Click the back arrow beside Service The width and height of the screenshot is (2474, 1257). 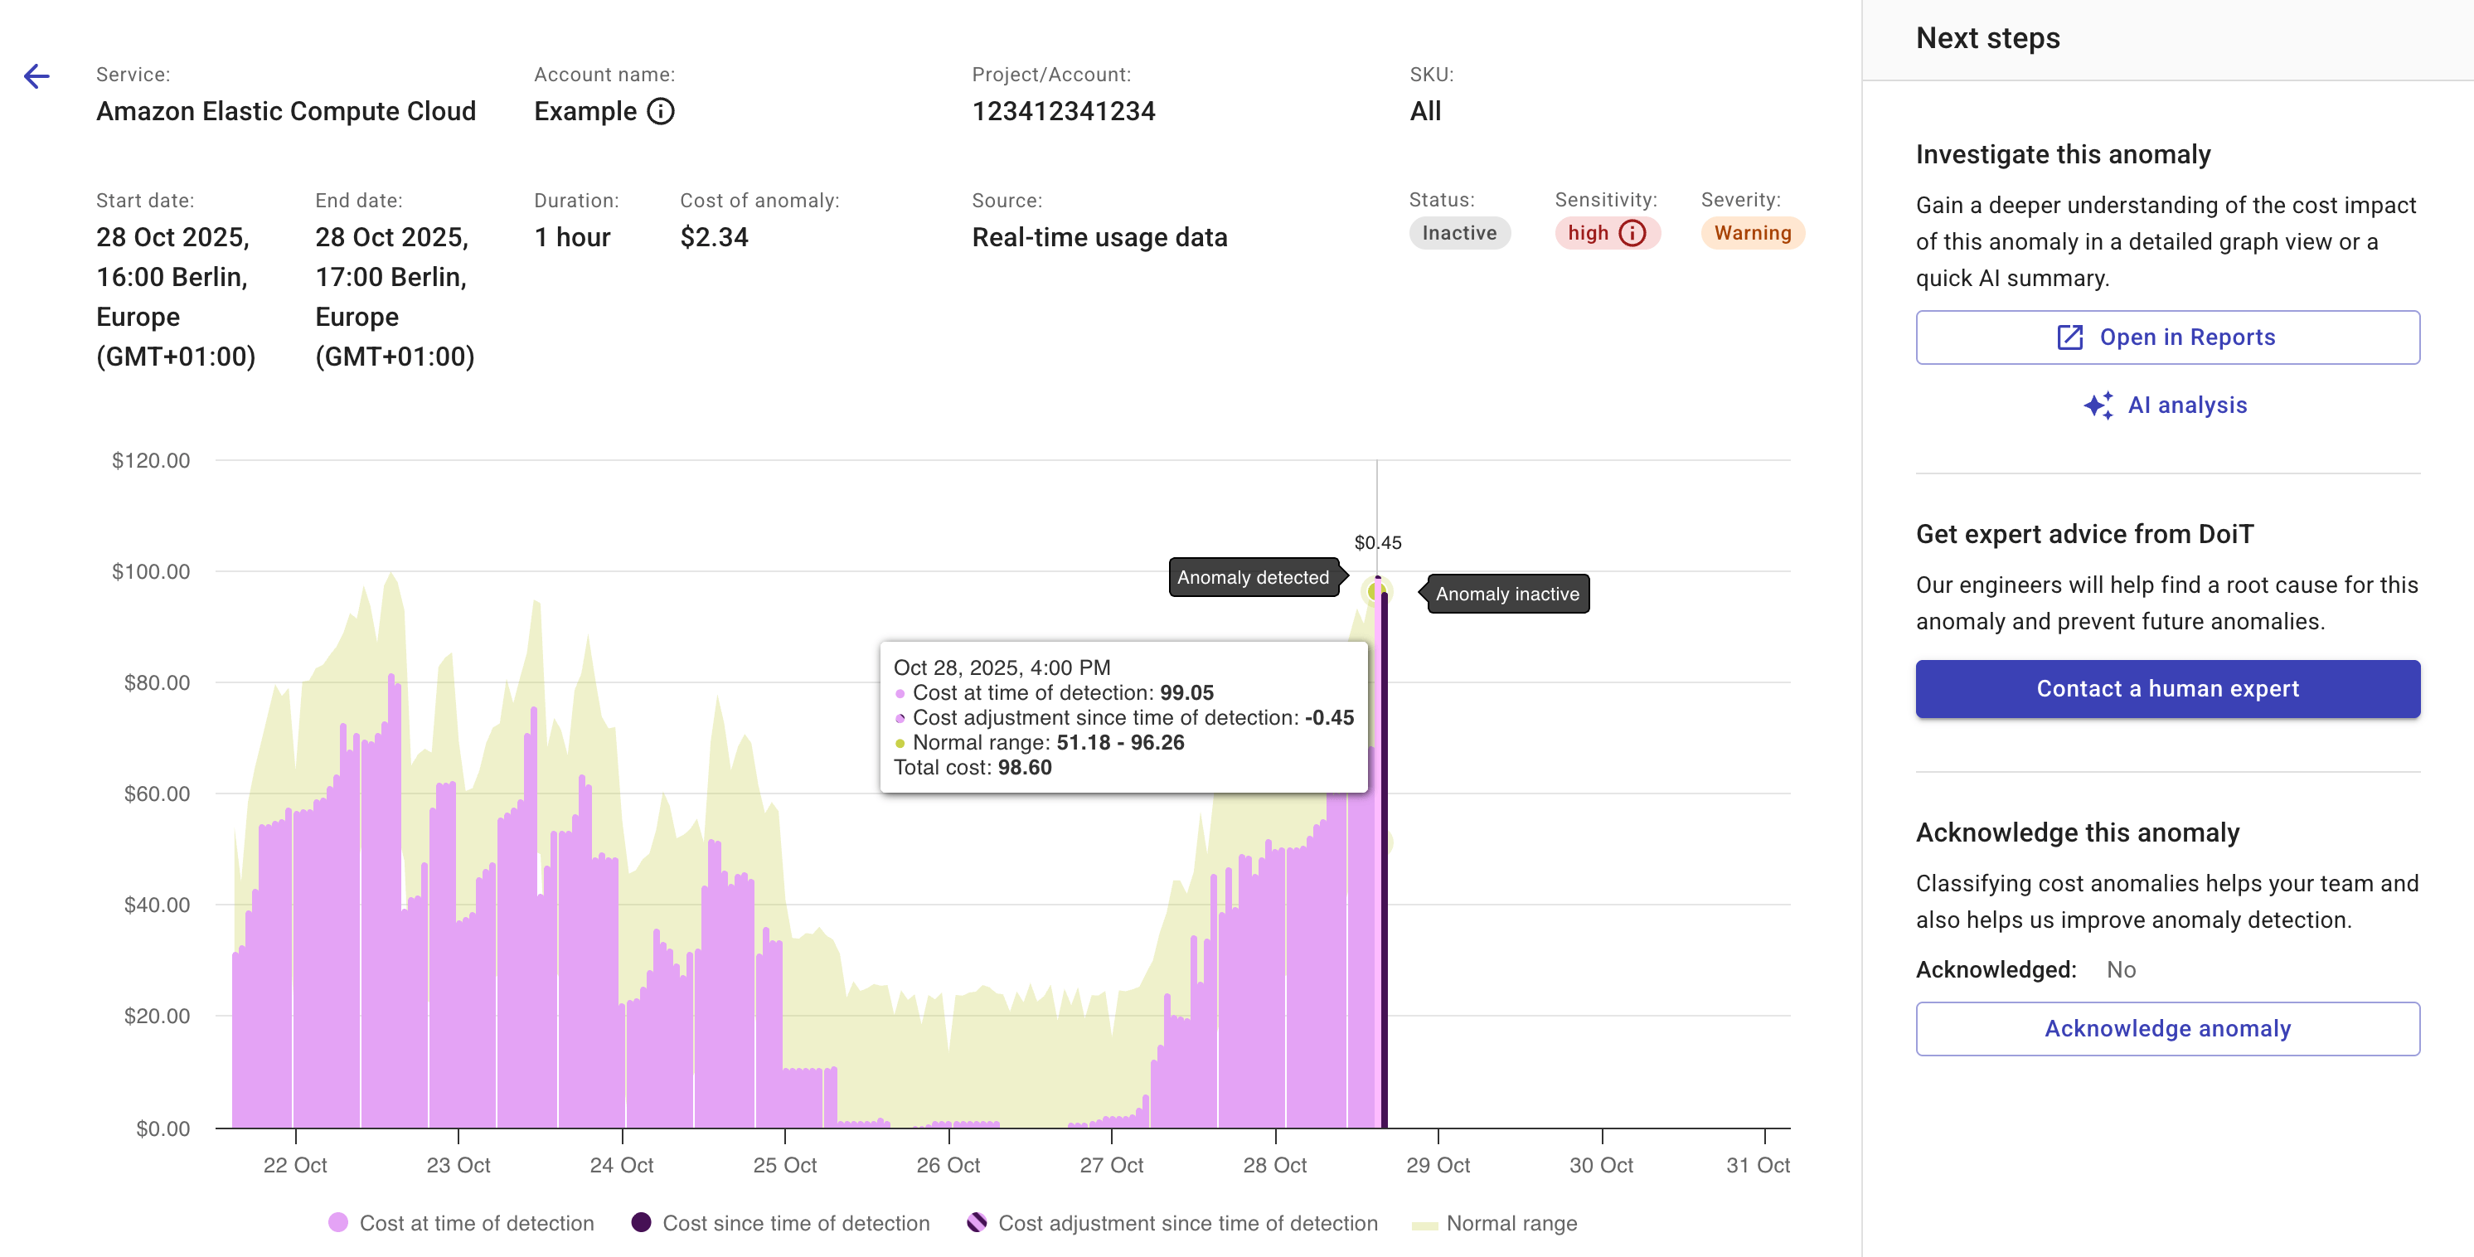36,75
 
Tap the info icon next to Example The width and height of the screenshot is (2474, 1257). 661,111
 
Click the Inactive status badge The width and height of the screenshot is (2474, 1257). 1459,233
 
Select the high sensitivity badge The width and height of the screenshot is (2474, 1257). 1606,233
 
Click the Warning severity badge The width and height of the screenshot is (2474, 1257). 1752,233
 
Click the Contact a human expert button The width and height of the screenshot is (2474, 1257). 2166,688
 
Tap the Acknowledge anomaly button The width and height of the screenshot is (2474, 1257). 2166,1028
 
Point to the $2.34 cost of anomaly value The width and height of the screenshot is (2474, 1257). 714,237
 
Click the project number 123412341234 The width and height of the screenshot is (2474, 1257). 1063,111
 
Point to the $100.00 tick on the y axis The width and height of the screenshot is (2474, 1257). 151,571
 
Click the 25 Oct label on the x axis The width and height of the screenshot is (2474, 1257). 784,1165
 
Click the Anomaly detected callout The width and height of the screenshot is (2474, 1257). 1253,577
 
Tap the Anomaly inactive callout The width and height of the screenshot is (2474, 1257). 1507,594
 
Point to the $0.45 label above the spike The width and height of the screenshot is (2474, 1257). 1377,542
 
